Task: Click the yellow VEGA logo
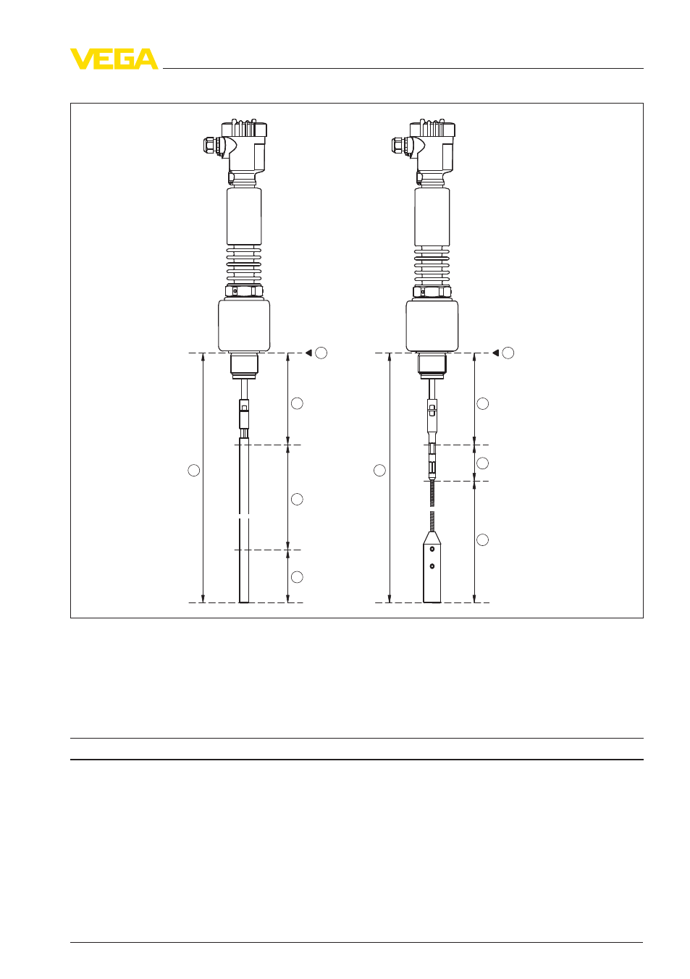(x=114, y=59)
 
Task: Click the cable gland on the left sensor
(x=212, y=145)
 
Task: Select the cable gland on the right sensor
(x=400, y=145)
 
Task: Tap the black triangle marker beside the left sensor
(x=309, y=353)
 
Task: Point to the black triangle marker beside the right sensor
(x=495, y=353)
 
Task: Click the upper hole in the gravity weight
(x=432, y=548)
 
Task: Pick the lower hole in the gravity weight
(x=432, y=566)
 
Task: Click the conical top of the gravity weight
(x=432, y=538)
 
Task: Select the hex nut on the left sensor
(x=244, y=291)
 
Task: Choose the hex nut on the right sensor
(x=432, y=291)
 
